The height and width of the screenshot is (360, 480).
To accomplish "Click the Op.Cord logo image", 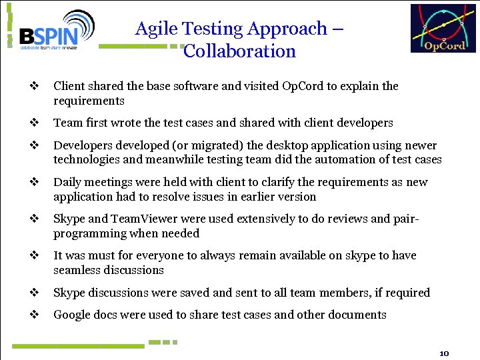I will [x=443, y=29].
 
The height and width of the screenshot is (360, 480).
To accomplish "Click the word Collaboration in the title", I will [x=239, y=51].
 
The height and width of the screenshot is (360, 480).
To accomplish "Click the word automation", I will [x=350, y=159].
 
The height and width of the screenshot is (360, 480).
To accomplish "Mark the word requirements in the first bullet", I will [x=89, y=101].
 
